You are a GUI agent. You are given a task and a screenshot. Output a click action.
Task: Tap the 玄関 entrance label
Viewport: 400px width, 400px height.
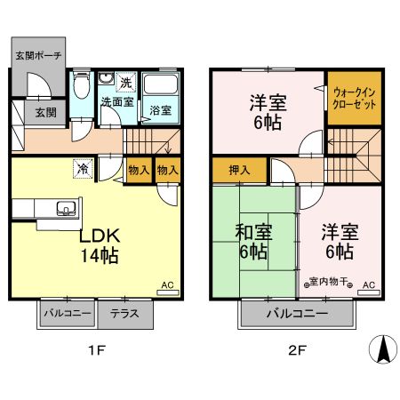45,112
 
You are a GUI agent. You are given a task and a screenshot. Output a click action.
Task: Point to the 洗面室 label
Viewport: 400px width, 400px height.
116,103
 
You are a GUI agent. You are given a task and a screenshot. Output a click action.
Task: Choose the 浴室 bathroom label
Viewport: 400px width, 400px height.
160,111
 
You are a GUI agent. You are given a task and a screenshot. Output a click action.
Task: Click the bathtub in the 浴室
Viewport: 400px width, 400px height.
162,88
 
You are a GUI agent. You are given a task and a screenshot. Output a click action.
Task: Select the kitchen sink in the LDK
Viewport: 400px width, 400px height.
65,209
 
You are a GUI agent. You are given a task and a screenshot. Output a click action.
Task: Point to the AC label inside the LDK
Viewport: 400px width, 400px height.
166,285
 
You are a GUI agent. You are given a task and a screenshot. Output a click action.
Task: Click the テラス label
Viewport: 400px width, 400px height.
124,314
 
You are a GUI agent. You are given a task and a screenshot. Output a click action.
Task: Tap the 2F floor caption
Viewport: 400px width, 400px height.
297,351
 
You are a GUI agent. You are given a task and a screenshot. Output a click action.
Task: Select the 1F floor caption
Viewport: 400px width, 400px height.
97,351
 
